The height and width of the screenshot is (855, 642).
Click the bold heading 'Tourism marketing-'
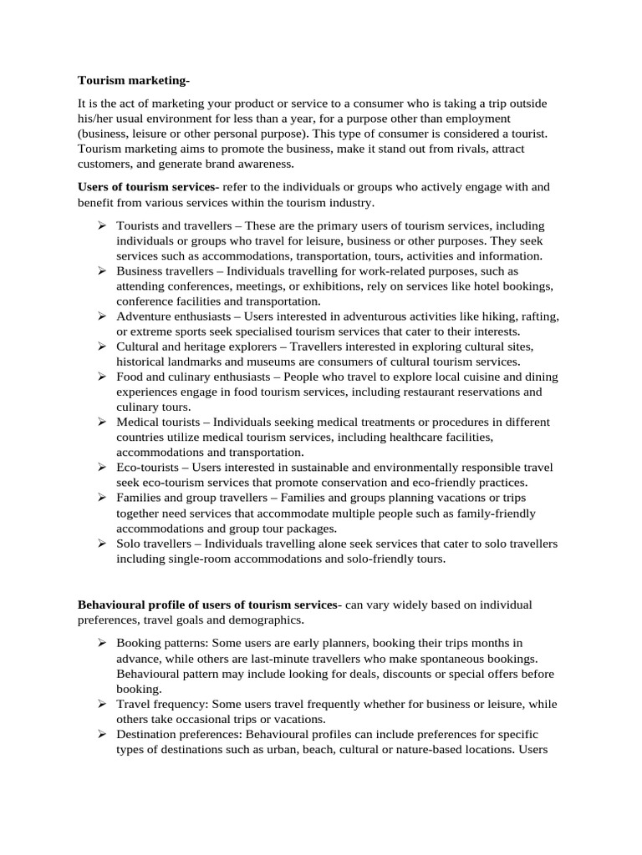click(x=134, y=80)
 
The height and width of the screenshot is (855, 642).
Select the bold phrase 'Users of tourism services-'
click(x=148, y=186)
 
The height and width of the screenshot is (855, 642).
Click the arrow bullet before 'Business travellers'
click(x=101, y=271)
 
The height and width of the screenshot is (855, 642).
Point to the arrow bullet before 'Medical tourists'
click(x=101, y=422)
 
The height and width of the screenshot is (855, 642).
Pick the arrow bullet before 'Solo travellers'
click(x=101, y=544)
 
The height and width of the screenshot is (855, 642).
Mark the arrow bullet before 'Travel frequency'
click(x=101, y=704)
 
